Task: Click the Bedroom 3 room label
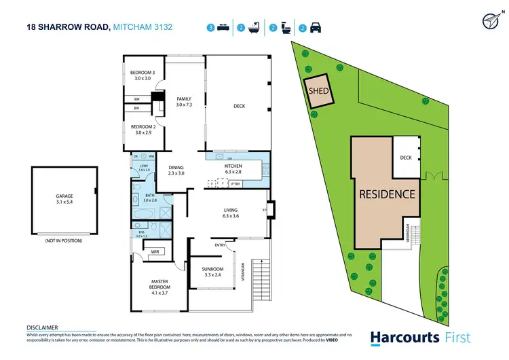point(144,73)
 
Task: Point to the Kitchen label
point(233,166)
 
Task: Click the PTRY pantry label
point(235,183)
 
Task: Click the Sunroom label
point(212,270)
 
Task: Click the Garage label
point(64,196)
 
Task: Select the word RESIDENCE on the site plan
point(387,194)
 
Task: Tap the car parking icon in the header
point(316,29)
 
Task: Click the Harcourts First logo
point(420,337)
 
